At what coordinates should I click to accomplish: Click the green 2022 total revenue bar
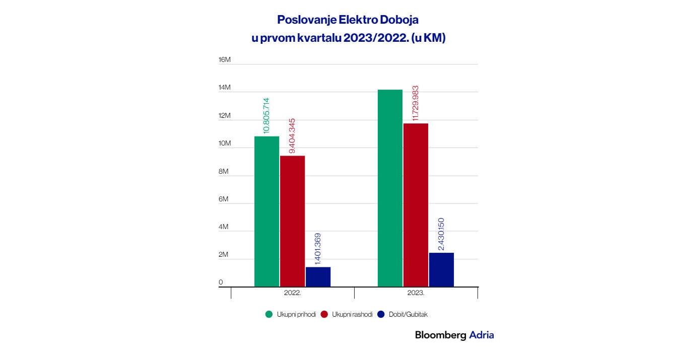266,211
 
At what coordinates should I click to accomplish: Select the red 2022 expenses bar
293,222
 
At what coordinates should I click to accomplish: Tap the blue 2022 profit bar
318,277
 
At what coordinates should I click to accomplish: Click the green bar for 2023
390,188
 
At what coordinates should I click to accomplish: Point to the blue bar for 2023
441,270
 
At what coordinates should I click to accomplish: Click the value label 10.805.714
266,115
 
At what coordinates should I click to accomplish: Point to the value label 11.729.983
416,103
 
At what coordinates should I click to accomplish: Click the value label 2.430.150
441,234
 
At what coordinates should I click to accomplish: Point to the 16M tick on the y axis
224,60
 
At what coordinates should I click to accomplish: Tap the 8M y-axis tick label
224,172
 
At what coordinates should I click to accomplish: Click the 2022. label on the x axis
293,292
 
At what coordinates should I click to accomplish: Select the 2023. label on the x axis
416,292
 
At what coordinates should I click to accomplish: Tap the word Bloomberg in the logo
440,335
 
